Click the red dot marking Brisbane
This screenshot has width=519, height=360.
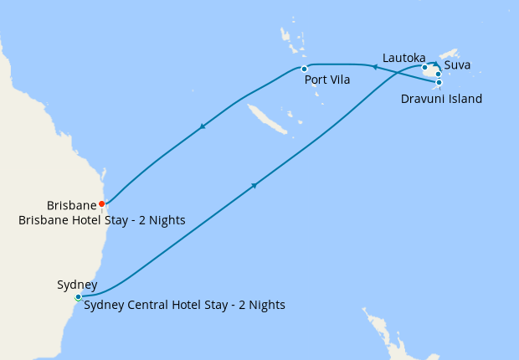point(102,203)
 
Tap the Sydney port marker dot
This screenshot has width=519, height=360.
point(78,297)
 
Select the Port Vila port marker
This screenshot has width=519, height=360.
point(304,69)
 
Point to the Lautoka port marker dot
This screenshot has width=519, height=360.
point(425,68)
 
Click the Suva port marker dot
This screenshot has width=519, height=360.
point(439,74)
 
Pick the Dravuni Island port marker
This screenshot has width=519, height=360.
point(439,82)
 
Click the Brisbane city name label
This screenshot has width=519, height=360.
point(72,205)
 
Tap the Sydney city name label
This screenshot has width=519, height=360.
point(78,285)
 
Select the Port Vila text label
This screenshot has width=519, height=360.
point(327,80)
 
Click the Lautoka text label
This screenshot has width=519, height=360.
point(403,57)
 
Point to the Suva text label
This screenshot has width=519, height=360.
point(458,64)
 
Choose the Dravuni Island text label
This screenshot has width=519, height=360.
point(442,99)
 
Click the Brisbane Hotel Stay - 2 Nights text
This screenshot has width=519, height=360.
point(101,220)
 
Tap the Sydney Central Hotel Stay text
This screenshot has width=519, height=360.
point(184,305)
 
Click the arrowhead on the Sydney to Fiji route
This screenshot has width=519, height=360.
point(253,185)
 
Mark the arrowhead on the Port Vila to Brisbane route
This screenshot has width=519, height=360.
point(202,127)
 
